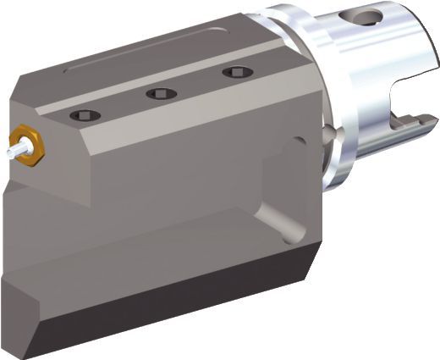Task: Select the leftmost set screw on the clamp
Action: click(87, 114)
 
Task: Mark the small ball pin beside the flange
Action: click(328, 133)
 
